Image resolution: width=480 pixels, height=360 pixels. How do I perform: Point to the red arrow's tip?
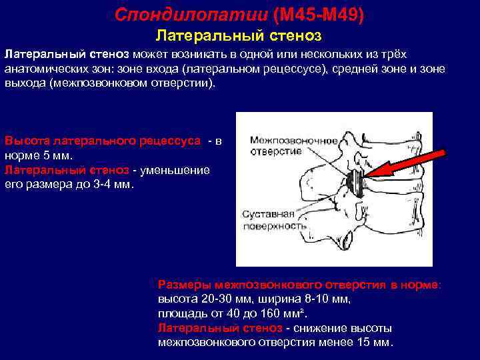pyautogui.click(x=367, y=175)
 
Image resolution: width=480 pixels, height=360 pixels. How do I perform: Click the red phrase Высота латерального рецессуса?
pyautogui.click(x=103, y=141)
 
